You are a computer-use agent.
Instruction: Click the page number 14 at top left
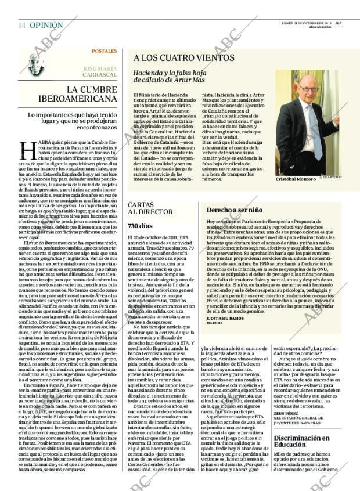(x=21, y=25)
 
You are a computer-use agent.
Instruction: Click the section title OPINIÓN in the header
(x=46, y=25)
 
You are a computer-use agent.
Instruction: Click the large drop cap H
(x=28, y=149)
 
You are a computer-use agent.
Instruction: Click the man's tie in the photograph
(x=316, y=133)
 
